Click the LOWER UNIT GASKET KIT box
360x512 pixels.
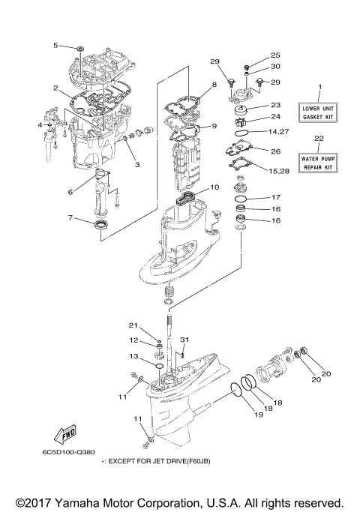coord(319,113)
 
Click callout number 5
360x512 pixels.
coord(55,46)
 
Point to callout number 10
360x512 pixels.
coord(214,187)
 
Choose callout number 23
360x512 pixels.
coord(275,105)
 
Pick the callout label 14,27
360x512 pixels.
coord(278,132)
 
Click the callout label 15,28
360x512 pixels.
coord(278,172)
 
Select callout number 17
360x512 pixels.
coord(276,197)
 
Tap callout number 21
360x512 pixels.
coord(134,325)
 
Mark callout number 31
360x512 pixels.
coord(185,340)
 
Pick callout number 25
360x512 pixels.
coord(275,55)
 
